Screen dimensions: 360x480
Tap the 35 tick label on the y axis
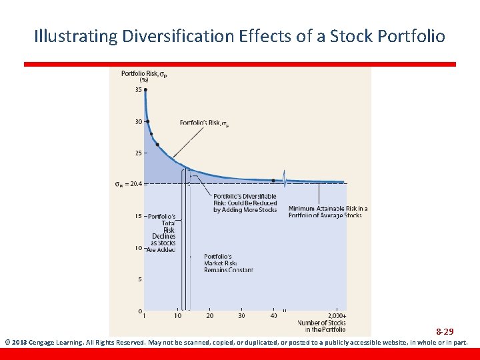(x=138, y=90)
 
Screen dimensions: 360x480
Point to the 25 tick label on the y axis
(x=138, y=153)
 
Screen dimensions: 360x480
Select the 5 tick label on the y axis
(x=139, y=279)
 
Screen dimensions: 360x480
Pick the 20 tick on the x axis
(x=209, y=316)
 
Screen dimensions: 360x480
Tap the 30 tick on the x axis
(x=241, y=316)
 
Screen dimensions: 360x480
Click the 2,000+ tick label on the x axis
(x=337, y=316)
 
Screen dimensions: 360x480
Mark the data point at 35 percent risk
(x=145, y=90)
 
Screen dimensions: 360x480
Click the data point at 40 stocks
(x=273, y=180)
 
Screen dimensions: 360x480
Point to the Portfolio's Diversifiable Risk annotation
(x=245, y=203)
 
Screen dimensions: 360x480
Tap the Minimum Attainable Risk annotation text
(x=327, y=212)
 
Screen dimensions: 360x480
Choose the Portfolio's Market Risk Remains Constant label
(x=228, y=263)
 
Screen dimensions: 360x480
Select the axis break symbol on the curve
(x=285, y=180)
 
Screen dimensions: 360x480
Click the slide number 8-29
(x=445, y=331)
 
